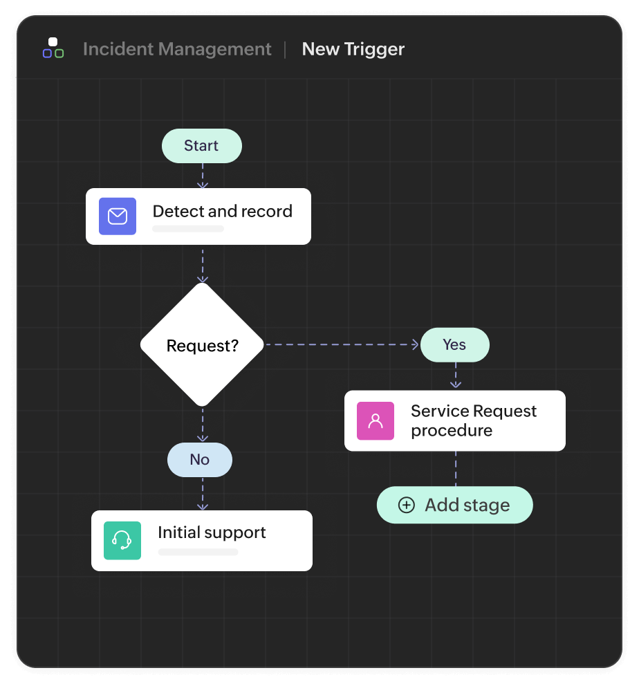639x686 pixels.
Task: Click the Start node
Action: coord(201,146)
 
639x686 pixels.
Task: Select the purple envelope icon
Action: coord(118,216)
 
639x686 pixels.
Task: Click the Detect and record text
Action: coord(222,212)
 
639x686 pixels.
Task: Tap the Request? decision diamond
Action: coord(202,345)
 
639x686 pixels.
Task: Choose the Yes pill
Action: coord(454,345)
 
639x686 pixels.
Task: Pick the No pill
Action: coord(199,460)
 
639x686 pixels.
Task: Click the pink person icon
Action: coord(376,420)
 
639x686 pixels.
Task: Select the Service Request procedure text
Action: coord(473,420)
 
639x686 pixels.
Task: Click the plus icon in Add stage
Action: coord(407,506)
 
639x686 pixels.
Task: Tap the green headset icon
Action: coord(122,540)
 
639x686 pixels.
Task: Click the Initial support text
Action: coord(212,532)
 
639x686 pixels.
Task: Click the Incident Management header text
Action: coord(177,50)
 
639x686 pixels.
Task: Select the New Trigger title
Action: coord(353,50)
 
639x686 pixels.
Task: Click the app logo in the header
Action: coord(53,48)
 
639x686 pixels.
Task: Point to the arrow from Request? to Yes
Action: coord(342,344)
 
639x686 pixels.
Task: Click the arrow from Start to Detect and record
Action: coord(202,176)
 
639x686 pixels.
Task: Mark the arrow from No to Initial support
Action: coord(202,494)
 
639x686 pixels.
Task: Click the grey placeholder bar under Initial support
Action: coord(198,553)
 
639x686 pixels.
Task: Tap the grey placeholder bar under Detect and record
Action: coord(188,229)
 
